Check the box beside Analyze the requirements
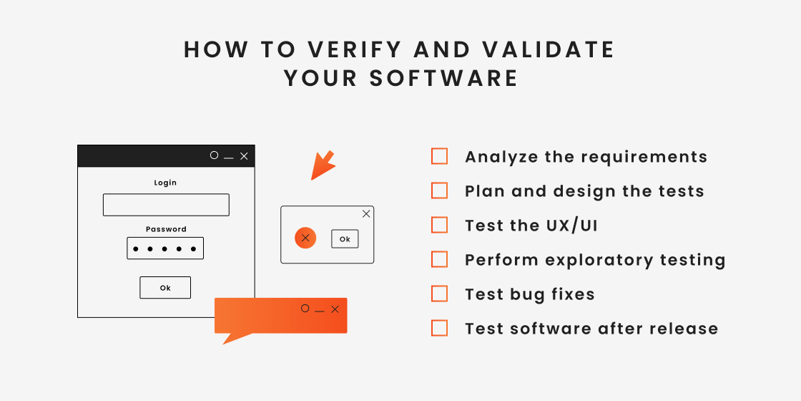[x=440, y=156]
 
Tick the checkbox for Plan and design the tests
[x=440, y=190]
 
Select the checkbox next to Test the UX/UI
[x=440, y=225]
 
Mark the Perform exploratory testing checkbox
[x=440, y=259]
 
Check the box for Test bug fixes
[x=440, y=294]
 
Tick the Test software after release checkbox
[x=440, y=328]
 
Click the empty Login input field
[x=166, y=205]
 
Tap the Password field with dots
[x=165, y=248]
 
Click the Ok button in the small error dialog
[x=345, y=239]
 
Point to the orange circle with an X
[x=305, y=238]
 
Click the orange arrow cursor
[x=322, y=165]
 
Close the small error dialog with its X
[x=366, y=213]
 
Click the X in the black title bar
[x=244, y=156]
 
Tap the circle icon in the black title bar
[x=214, y=155]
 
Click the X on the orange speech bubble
[x=335, y=309]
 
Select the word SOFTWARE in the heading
[x=443, y=78]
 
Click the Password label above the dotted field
[x=166, y=229]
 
